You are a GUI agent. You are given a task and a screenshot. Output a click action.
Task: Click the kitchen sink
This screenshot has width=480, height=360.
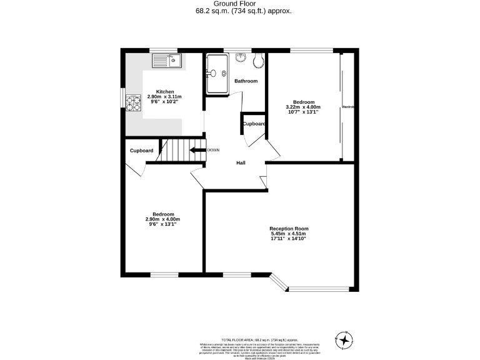point(167,61)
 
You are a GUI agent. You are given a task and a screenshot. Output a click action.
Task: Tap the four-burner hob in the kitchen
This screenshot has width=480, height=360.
point(133,102)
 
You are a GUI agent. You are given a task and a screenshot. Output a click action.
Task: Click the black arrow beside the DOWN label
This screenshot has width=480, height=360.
point(199,150)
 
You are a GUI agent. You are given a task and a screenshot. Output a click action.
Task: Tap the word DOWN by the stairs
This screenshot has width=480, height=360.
point(213,150)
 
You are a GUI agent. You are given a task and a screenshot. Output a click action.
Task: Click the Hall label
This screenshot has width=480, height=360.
point(240,163)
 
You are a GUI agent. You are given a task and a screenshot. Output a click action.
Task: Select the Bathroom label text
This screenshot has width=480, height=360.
point(246,81)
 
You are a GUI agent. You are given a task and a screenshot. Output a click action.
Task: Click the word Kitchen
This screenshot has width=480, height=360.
point(165,92)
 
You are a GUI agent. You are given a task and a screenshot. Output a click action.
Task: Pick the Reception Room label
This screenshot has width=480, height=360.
point(289,229)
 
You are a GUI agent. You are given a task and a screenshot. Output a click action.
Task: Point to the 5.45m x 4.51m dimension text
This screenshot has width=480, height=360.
point(289,234)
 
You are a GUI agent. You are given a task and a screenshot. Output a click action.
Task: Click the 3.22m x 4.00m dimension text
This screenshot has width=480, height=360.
point(303,107)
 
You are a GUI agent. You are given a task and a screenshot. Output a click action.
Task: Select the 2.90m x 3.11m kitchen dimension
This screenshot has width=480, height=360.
point(165,97)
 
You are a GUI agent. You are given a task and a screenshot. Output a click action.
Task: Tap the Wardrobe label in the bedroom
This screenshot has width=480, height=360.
point(348,107)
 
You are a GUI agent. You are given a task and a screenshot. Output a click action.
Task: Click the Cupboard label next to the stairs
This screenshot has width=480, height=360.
point(141,151)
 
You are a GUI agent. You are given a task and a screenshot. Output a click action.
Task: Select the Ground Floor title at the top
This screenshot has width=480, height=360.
point(240,4)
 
